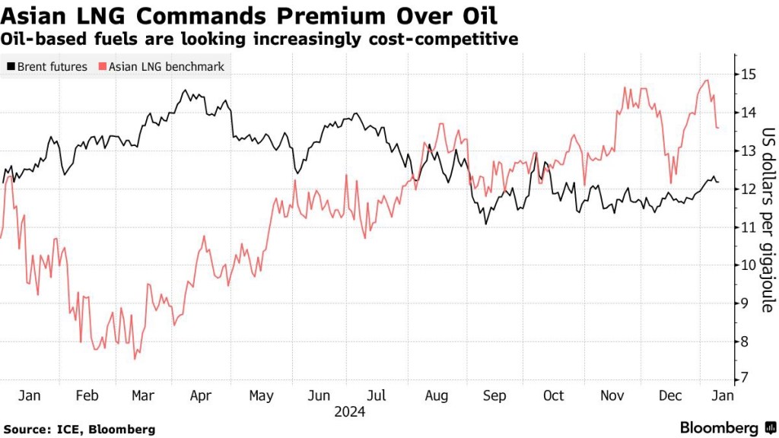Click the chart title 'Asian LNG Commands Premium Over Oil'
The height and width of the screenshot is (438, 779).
click(x=250, y=14)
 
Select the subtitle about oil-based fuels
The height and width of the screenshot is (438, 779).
click(x=261, y=39)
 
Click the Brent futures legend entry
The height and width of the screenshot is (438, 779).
click(x=47, y=67)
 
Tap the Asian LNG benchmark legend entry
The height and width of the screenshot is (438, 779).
click(x=161, y=67)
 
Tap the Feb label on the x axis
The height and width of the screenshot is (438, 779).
click(x=87, y=396)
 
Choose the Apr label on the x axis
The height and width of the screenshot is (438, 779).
click(x=200, y=396)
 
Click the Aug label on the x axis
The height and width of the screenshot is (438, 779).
click(x=436, y=396)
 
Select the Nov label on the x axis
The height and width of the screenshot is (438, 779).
click(x=612, y=396)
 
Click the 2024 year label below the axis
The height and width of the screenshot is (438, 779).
click(x=350, y=412)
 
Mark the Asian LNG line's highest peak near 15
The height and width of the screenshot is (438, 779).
click(x=707, y=80)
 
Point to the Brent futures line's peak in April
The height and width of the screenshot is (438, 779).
click(x=185, y=90)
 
